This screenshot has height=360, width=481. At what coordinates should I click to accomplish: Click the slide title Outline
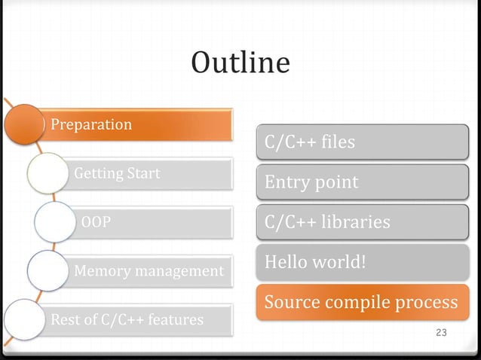click(240, 63)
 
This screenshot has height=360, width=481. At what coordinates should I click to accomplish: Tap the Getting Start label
click(117, 173)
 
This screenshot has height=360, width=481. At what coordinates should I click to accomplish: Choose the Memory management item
click(149, 270)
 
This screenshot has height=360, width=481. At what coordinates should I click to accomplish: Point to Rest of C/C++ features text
click(127, 319)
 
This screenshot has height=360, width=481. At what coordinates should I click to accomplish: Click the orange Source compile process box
click(362, 302)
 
